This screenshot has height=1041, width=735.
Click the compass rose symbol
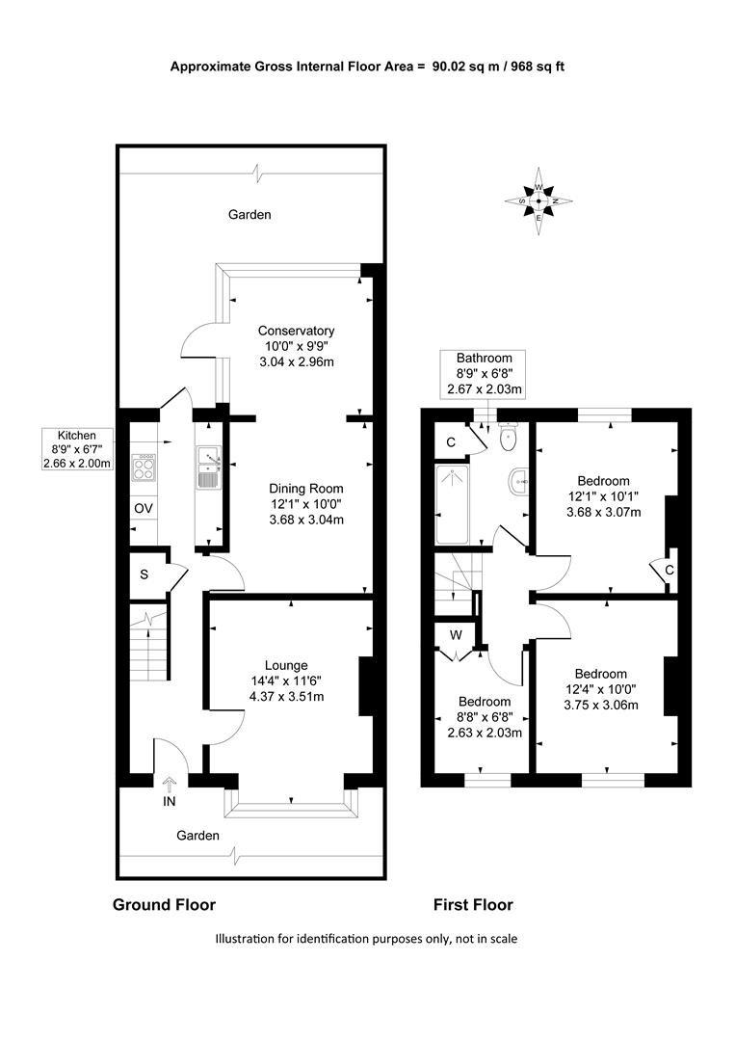point(538,200)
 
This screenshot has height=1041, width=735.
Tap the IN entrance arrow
point(170,785)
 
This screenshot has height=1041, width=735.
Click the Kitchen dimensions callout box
point(77,449)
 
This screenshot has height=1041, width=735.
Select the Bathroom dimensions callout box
point(485,374)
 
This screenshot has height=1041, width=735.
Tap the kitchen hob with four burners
point(144,467)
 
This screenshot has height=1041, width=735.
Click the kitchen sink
point(209,467)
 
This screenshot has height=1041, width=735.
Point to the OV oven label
point(144,509)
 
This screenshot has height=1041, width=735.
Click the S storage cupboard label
point(144,574)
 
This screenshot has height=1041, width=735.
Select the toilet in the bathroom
point(509,439)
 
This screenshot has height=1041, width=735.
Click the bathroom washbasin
point(519,480)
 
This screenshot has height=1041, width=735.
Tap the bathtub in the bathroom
point(453,504)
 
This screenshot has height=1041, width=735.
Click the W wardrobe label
point(456,635)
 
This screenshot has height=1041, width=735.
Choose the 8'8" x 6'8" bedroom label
point(485,717)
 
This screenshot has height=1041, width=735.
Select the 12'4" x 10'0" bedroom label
point(601,689)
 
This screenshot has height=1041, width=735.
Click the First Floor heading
point(473,904)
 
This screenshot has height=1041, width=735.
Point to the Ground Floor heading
point(164,904)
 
